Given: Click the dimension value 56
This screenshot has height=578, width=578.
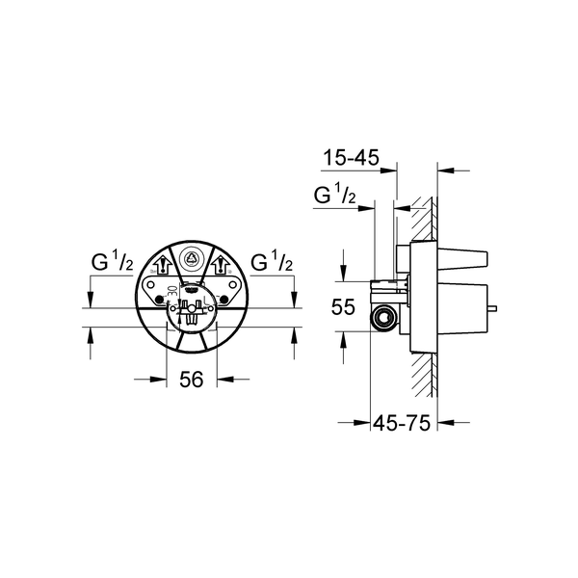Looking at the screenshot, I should [x=192, y=380].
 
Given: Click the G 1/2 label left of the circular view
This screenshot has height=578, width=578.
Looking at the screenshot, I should [x=112, y=262].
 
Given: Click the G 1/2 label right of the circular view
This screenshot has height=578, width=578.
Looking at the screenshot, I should [x=273, y=262].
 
